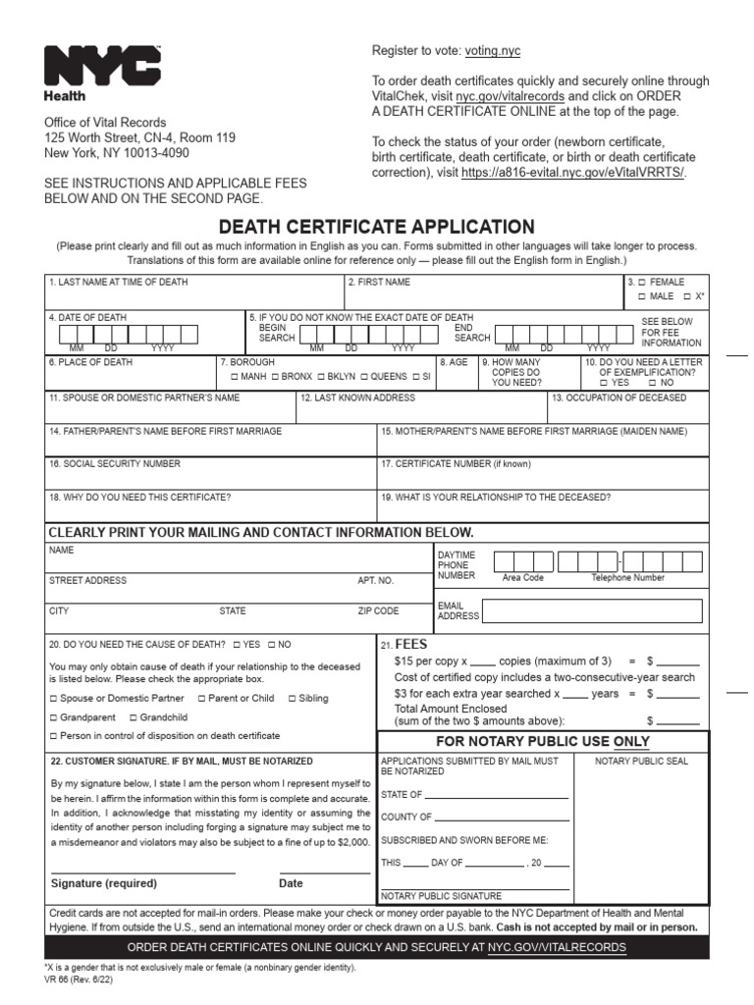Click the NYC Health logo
point(101,72)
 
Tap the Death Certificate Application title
point(376,227)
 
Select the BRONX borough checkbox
point(276,377)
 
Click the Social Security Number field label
point(115,463)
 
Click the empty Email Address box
point(593,611)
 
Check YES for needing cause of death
point(237,645)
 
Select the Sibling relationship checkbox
point(292,699)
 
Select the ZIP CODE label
point(378,610)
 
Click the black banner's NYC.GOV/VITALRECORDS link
point(557,947)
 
